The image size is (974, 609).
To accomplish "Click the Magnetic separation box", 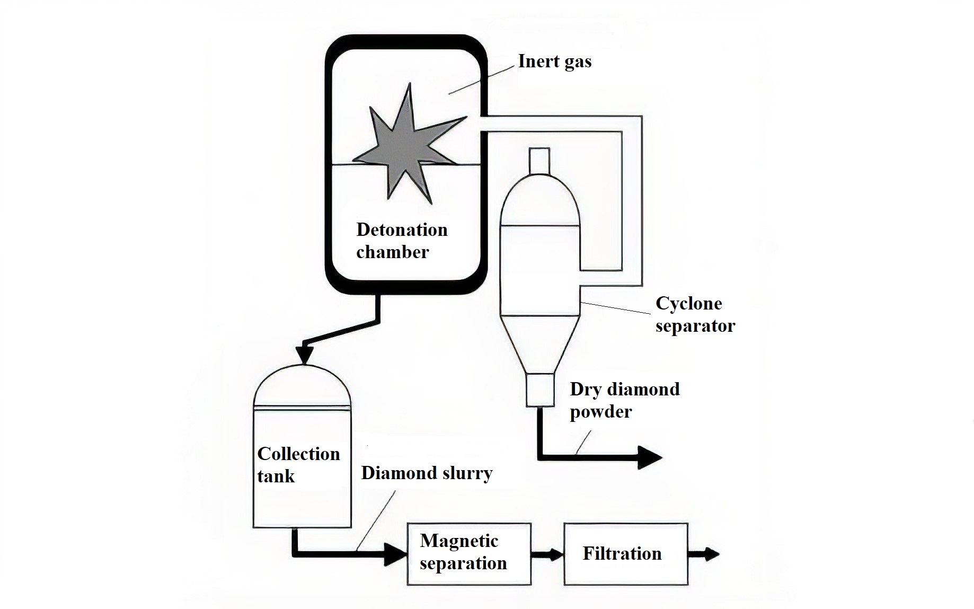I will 469,554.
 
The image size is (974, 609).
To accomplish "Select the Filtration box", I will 625,554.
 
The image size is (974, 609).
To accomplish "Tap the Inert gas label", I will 554,61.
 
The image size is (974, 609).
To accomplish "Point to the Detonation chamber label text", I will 401,241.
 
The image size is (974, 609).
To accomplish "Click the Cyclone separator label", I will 694,314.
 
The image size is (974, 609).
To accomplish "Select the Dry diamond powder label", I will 624,400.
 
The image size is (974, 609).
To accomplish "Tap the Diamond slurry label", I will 427,473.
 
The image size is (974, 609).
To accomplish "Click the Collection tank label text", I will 298,465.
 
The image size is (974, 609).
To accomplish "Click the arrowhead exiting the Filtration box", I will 712,554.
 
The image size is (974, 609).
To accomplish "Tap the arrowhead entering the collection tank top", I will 304,354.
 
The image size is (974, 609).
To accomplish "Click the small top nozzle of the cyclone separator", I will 539,160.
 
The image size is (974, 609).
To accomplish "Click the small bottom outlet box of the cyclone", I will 540,390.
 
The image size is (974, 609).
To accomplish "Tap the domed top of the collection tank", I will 302,387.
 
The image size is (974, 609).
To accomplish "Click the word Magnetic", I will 459,541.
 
